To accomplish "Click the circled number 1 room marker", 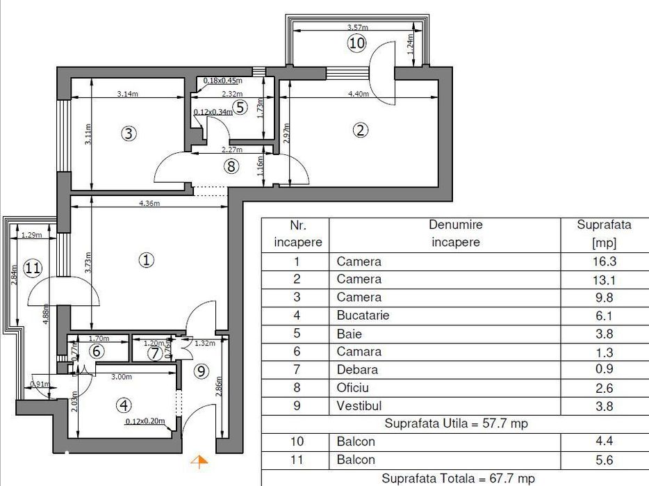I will (146, 260).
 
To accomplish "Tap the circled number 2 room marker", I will (359, 129).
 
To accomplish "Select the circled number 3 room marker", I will (128, 133).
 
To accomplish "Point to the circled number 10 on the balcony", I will (356, 43).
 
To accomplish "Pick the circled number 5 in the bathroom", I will (240, 107).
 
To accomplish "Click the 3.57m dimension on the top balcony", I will (358, 28).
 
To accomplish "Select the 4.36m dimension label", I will (149, 204).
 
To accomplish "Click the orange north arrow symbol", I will (199, 460).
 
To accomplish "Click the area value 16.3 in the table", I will (604, 262).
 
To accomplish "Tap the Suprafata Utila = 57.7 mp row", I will (455, 423).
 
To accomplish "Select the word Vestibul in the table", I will (359, 405).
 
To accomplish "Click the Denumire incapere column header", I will (455, 234).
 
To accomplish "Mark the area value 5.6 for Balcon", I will (604, 460).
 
